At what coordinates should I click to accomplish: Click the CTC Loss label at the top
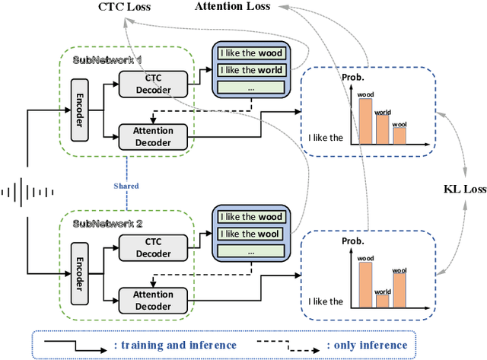click(125, 7)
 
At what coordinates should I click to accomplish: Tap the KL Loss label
click(464, 188)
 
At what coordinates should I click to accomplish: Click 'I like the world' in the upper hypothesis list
click(250, 70)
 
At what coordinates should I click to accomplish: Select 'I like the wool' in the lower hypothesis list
click(250, 234)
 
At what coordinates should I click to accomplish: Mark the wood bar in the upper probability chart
click(365, 122)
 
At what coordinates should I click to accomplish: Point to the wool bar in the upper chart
click(400, 136)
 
